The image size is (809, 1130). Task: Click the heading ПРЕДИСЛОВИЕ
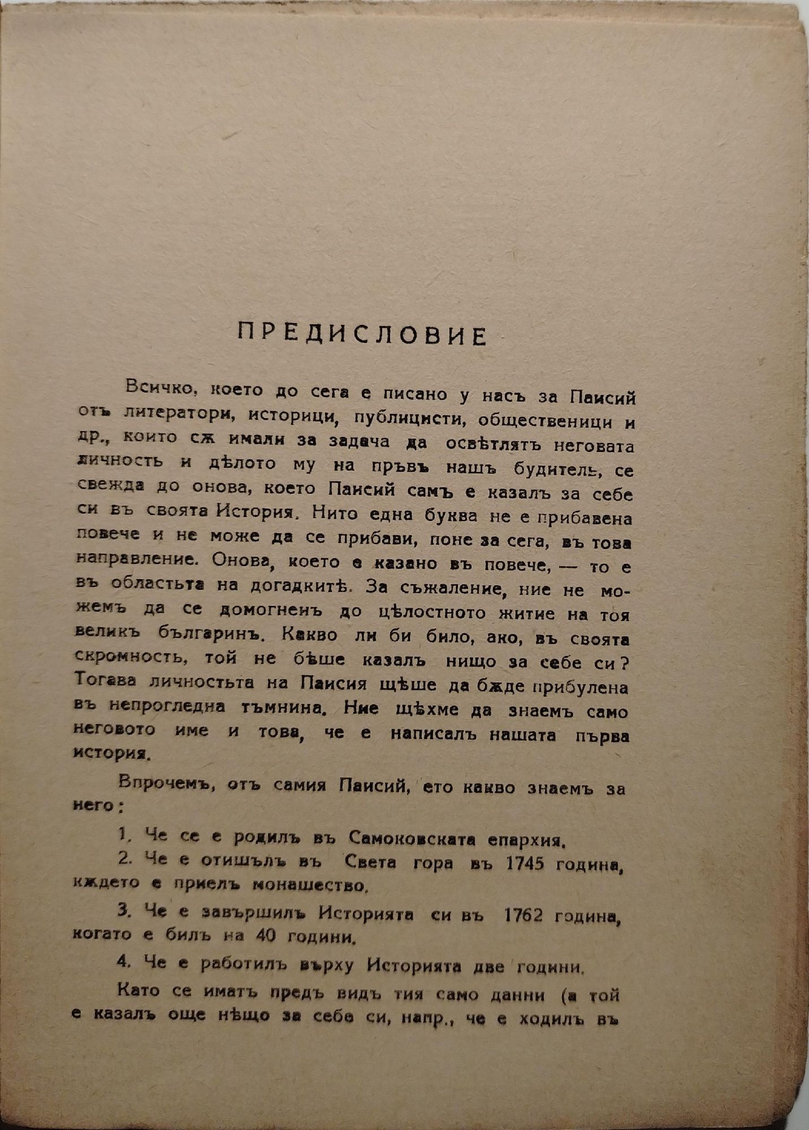(x=362, y=334)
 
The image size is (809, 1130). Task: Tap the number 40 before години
(x=266, y=936)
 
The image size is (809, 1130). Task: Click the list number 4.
(x=124, y=962)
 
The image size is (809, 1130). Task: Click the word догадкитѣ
(x=300, y=586)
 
